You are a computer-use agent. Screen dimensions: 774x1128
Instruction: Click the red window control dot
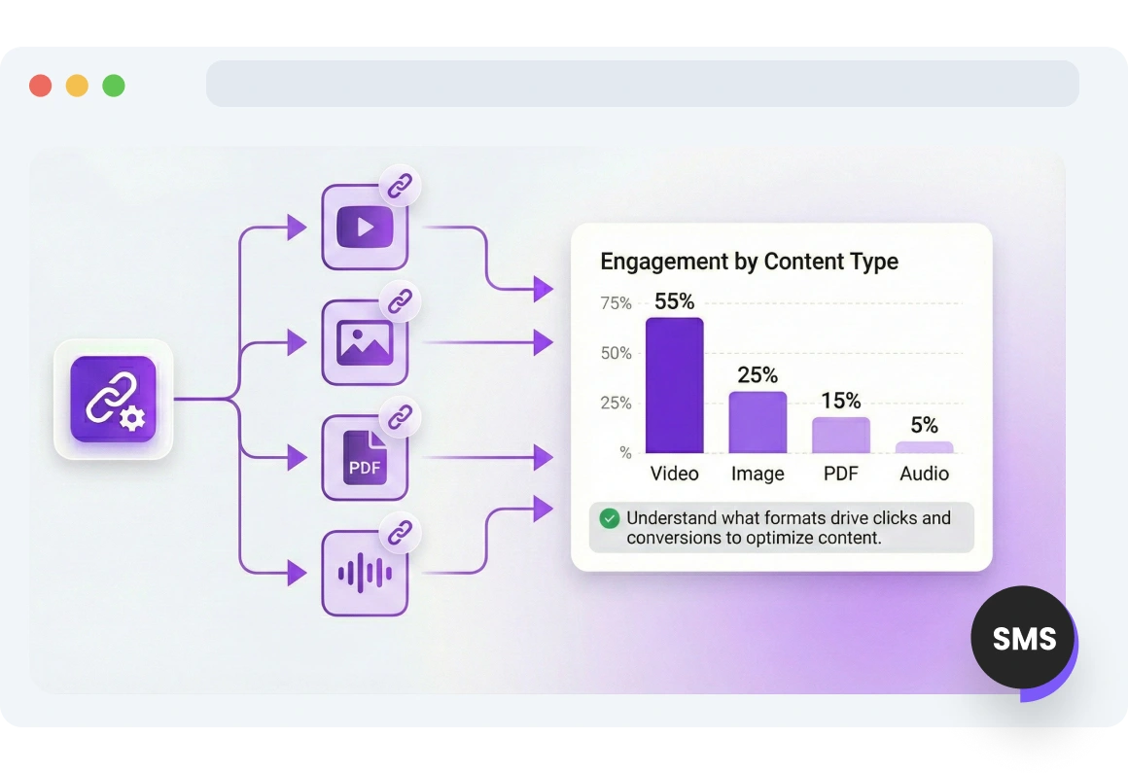(x=40, y=86)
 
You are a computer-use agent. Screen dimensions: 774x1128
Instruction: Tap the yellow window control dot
(x=77, y=86)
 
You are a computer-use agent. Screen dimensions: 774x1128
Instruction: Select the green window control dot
(x=114, y=86)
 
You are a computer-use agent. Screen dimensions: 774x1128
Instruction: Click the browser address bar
(x=642, y=84)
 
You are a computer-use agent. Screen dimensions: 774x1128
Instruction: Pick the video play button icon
(x=365, y=229)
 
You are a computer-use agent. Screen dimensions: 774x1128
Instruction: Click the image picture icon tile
(x=365, y=342)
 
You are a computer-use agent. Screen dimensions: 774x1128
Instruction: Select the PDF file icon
(x=365, y=458)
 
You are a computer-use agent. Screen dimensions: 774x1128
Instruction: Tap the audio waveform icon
(x=365, y=573)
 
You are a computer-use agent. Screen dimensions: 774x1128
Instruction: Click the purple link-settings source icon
(x=113, y=399)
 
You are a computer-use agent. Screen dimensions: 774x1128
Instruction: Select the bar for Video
(x=674, y=386)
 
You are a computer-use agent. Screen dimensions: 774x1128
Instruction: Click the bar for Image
(x=758, y=423)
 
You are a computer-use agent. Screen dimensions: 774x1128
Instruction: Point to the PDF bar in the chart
(x=841, y=436)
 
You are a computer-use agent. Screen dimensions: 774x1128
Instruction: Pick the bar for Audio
(x=924, y=447)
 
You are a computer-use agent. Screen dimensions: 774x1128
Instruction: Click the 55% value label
(x=674, y=301)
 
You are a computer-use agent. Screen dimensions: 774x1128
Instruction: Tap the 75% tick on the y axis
(x=616, y=303)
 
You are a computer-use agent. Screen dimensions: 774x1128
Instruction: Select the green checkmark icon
(x=610, y=518)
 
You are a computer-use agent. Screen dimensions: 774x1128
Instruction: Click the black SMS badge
(x=1023, y=639)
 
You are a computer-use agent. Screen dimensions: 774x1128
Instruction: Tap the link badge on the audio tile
(x=400, y=533)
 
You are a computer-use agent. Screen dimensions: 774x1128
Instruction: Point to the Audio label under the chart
(x=924, y=474)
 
